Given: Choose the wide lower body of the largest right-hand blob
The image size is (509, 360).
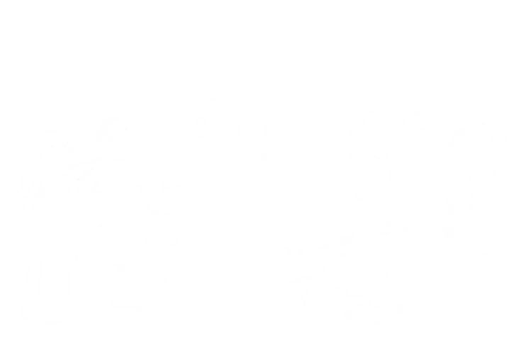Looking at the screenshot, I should coord(475,234).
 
